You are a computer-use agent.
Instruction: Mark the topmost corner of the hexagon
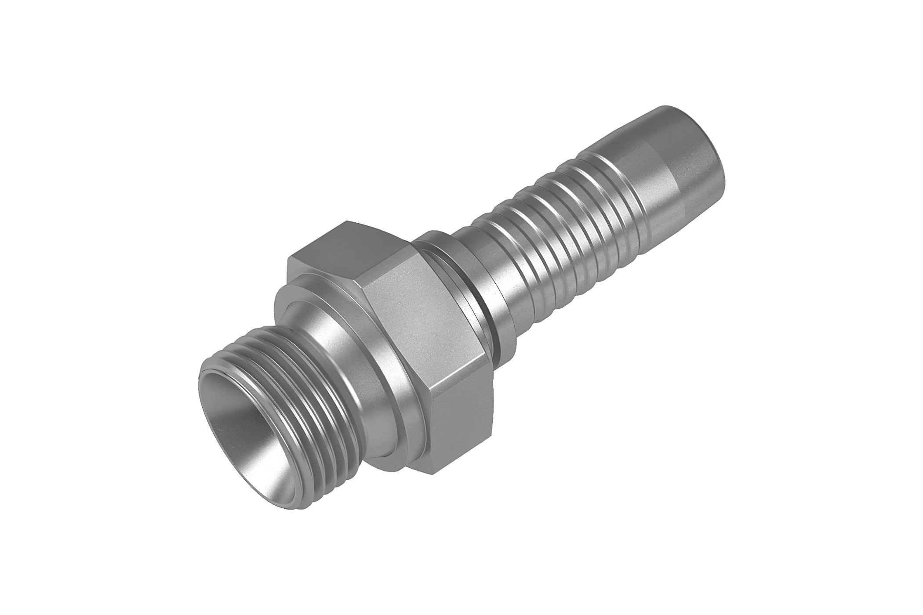[x=347, y=221]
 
